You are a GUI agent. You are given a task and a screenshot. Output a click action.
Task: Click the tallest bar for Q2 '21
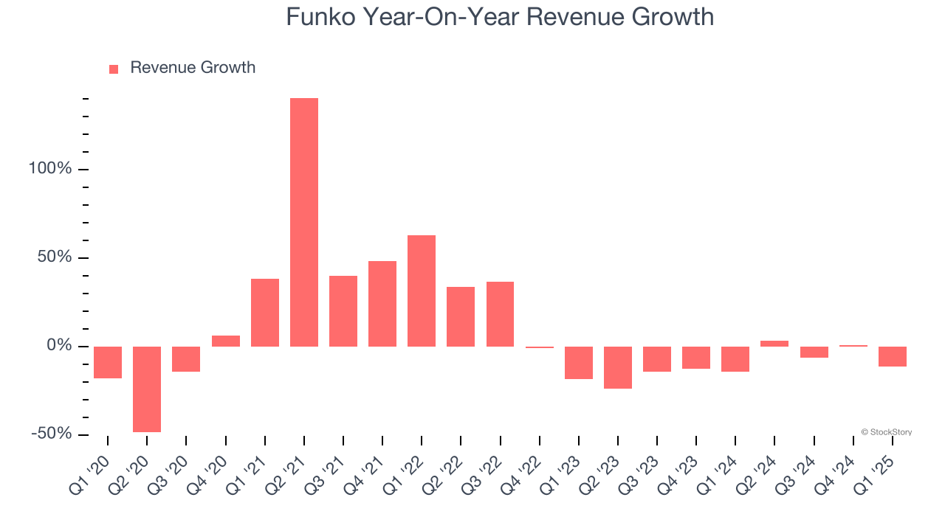tap(303, 222)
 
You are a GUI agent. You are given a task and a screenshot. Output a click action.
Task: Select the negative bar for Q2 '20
tap(147, 389)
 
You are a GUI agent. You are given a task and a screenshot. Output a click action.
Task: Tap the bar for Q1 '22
tap(422, 291)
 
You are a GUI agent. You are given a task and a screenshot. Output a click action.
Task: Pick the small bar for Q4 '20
tap(225, 341)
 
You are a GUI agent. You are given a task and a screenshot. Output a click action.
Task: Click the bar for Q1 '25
tap(893, 356)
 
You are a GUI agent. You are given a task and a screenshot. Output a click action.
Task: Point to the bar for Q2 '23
tap(618, 367)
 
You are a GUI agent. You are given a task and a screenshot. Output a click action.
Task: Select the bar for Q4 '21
tap(382, 304)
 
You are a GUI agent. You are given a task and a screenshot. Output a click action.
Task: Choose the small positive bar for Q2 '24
tap(774, 344)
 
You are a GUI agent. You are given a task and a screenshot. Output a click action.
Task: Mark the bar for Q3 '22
tap(500, 314)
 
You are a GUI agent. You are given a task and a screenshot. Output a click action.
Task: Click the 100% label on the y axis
tap(50, 169)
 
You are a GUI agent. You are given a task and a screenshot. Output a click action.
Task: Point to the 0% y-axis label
tap(58, 346)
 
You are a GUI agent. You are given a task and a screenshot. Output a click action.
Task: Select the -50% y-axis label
tap(52, 434)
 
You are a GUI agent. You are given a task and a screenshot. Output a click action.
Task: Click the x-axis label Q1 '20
tap(89, 469)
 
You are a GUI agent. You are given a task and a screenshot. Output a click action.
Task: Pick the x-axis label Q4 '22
tap(521, 469)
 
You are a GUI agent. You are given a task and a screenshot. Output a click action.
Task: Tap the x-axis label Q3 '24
tap(796, 469)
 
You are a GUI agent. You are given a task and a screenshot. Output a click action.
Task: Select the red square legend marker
tap(114, 69)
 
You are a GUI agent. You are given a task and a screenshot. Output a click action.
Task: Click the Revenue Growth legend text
tap(193, 68)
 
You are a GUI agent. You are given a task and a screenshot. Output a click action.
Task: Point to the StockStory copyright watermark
tap(886, 432)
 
